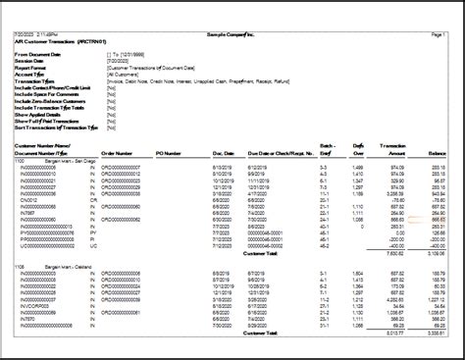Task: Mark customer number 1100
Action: (x=19, y=160)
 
